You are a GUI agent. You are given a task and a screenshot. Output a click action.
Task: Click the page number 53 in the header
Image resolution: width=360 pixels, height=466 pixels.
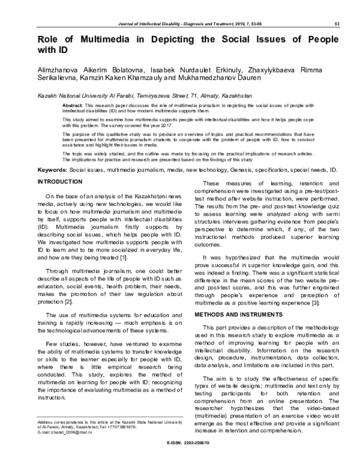[x=337, y=23]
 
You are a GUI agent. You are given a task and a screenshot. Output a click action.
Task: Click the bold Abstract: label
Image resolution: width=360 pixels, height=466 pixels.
[x=71, y=104]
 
